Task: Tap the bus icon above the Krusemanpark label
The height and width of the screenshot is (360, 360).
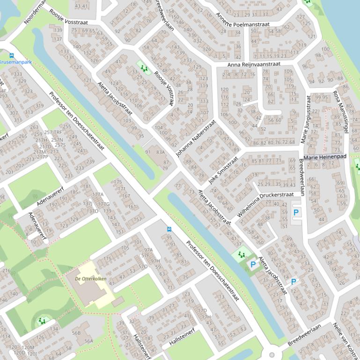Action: point(12,55)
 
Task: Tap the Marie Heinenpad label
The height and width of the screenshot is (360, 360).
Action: point(325,158)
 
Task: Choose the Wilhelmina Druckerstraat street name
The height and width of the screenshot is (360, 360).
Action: point(265,203)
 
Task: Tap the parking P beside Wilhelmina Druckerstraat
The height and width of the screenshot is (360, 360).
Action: point(296,212)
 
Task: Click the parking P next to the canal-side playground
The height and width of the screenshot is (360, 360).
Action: point(253,265)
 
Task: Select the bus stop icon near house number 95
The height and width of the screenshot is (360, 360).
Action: point(169,230)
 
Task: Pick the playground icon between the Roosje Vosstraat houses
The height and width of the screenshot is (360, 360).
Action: point(144,68)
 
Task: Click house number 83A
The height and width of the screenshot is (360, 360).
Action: point(161,152)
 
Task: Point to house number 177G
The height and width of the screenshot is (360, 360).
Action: point(104,204)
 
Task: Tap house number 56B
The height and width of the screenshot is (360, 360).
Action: point(76,333)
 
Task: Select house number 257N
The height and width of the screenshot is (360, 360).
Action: point(57,140)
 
